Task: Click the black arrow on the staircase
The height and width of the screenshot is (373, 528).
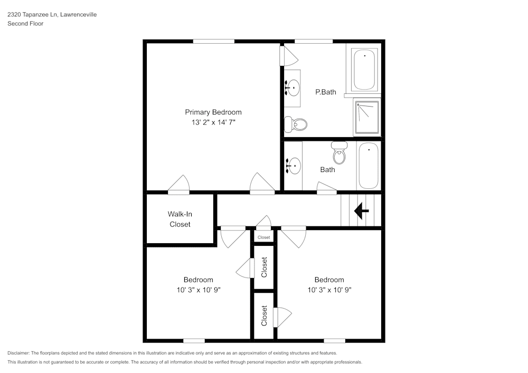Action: pyautogui.click(x=362, y=212)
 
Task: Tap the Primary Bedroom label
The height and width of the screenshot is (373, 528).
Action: pyautogui.click(x=213, y=112)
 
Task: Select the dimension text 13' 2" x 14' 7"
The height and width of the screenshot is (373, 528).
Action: pyautogui.click(x=213, y=122)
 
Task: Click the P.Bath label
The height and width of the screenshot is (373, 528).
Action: pyautogui.click(x=326, y=92)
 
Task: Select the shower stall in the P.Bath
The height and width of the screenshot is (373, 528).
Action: pyautogui.click(x=366, y=117)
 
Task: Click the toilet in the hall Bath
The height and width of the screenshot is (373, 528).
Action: pyautogui.click(x=338, y=154)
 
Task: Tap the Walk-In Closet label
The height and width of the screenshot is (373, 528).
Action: pyautogui.click(x=180, y=219)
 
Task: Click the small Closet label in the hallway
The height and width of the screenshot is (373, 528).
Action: pyautogui.click(x=264, y=237)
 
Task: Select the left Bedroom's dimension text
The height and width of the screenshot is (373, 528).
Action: pyautogui.click(x=198, y=290)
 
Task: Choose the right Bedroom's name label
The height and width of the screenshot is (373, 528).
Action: pyautogui.click(x=329, y=280)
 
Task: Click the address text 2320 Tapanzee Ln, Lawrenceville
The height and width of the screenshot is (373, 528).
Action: pyautogui.click(x=52, y=15)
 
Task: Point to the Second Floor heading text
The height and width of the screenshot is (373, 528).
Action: pyautogui.click(x=25, y=24)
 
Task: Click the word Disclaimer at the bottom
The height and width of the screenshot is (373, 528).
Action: pyautogui.click(x=18, y=353)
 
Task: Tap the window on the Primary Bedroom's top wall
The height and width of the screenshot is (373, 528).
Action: pyautogui.click(x=213, y=41)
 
